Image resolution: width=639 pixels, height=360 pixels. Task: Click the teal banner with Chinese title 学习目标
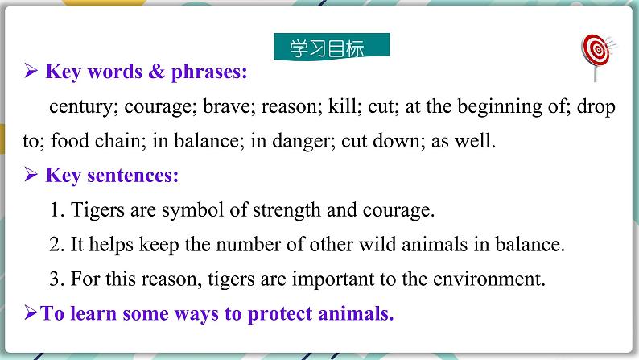click(332, 47)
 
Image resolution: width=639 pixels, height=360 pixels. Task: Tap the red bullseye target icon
click(597, 51)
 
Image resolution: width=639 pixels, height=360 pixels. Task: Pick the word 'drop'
click(596, 107)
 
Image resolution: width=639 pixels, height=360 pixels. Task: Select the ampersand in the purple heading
click(156, 71)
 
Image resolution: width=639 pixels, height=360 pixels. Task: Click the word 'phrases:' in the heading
click(209, 72)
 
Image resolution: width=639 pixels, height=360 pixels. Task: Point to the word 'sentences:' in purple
click(133, 176)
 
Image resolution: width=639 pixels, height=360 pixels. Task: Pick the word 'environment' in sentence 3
click(489, 279)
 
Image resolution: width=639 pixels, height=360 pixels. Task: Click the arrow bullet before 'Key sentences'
click(31, 174)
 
